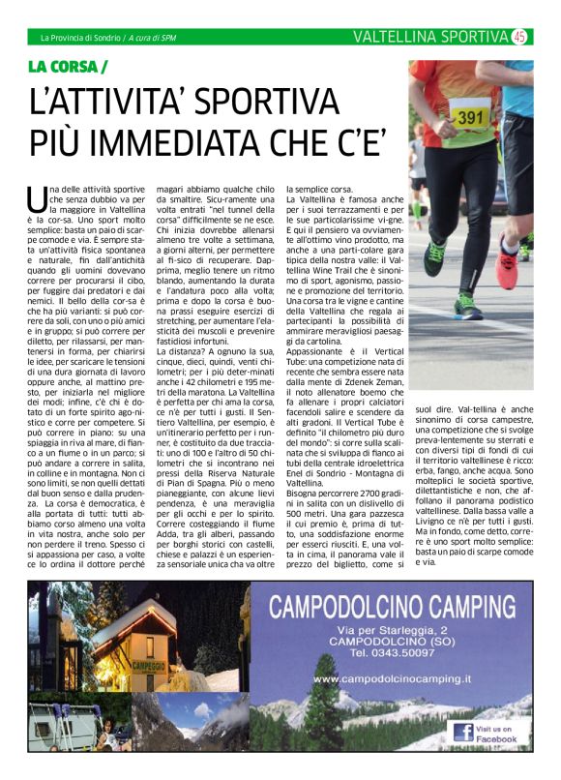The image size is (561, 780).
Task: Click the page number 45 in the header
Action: [x=519, y=37]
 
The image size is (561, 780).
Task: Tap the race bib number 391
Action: [x=469, y=116]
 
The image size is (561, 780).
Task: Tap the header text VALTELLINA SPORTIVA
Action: [x=429, y=37]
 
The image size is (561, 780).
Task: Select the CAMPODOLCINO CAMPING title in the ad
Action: [x=398, y=609]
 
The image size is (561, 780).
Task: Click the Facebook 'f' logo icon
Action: [x=463, y=733]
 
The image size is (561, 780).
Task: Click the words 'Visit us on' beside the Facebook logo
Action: [x=498, y=727]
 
